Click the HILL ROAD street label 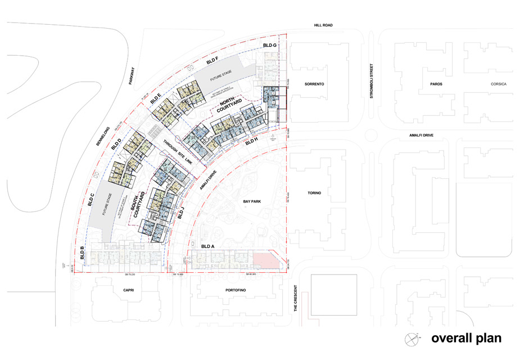click(325, 25)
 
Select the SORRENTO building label click(315, 84)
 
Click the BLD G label click(270, 45)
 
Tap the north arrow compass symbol click(412, 339)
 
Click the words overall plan click(466, 339)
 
